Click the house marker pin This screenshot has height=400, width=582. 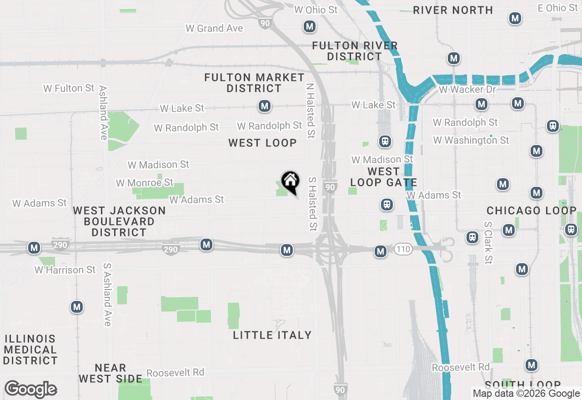pos(290,182)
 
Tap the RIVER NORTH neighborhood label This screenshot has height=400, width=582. pos(453,10)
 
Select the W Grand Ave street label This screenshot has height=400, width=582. pos(214,28)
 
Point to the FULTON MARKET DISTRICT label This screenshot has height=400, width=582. pos(254,83)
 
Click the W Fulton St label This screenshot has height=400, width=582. pos(69,88)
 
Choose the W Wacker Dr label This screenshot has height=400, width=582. pos(467,90)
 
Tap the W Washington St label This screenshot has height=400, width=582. pos(471,140)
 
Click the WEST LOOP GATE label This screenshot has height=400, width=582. pos(384,177)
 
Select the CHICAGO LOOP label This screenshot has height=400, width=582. pos(531,211)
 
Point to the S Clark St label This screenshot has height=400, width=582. pos(488,243)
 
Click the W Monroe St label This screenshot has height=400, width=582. pos(145,183)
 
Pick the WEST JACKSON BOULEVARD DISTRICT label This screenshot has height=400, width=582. pos(119,221)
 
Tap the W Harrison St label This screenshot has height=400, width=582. pos(65,270)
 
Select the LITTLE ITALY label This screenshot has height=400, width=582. pos(272,335)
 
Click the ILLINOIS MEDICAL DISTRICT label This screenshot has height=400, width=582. pos(30,350)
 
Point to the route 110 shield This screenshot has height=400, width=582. pos(403,249)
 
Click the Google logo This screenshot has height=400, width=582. pos(31,390)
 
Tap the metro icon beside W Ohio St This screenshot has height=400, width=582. pos(310,26)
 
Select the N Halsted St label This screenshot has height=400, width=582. pos(310,110)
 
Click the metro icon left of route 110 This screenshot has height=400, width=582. pos(381,251)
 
